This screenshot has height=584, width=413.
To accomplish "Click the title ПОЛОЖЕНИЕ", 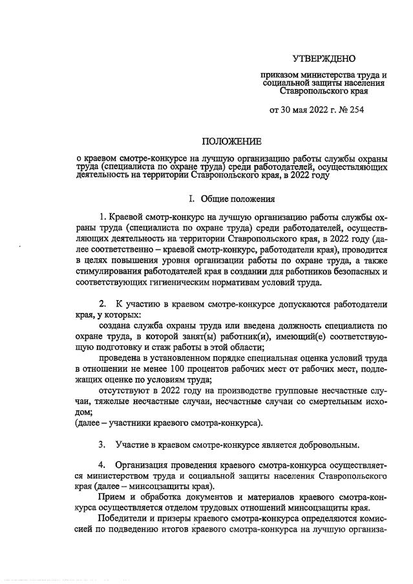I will point(232,141).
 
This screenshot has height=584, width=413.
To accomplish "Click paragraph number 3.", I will point(102,445).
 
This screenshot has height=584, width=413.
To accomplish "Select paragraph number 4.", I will point(102,465).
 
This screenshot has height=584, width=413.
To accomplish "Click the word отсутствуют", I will point(123,391).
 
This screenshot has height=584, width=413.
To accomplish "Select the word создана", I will point(115,328).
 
